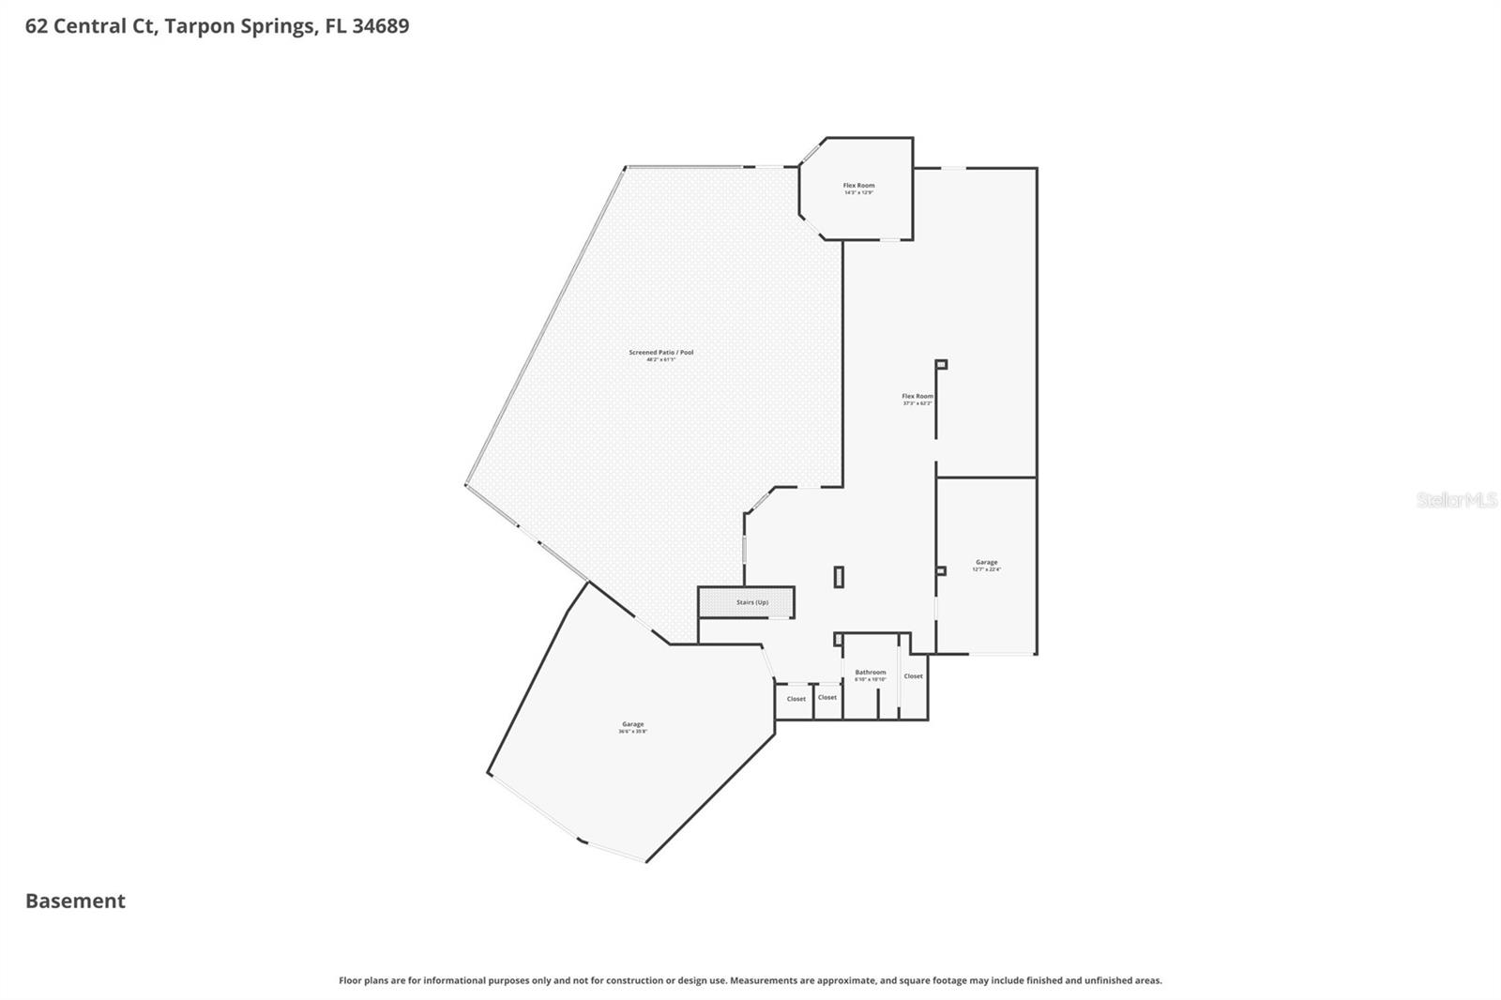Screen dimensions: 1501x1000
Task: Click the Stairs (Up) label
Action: point(751,602)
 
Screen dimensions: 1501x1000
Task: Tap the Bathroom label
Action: point(870,673)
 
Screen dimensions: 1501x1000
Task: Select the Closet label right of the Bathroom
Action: point(913,676)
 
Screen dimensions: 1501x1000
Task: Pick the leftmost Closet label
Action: point(796,699)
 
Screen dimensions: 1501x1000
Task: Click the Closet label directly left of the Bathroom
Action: point(826,697)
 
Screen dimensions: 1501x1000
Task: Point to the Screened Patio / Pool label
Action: point(660,353)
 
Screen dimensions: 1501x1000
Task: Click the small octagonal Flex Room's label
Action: point(858,186)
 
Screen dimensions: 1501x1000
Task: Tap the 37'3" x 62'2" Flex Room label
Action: point(917,397)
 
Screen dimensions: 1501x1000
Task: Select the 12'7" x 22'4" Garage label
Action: point(986,563)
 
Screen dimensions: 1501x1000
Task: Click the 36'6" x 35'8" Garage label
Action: point(632,724)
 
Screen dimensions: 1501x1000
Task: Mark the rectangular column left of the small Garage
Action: point(839,577)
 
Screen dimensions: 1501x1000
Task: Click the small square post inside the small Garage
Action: point(940,570)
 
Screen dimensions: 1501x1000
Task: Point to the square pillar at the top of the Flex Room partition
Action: point(941,364)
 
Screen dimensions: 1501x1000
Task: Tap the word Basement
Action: point(75,902)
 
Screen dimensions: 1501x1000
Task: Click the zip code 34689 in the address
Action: point(380,26)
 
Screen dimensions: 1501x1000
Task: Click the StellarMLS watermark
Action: point(1456,501)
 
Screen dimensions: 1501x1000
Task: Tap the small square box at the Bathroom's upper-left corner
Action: point(838,640)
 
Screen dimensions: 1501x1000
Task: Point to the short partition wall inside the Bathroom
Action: point(878,704)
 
